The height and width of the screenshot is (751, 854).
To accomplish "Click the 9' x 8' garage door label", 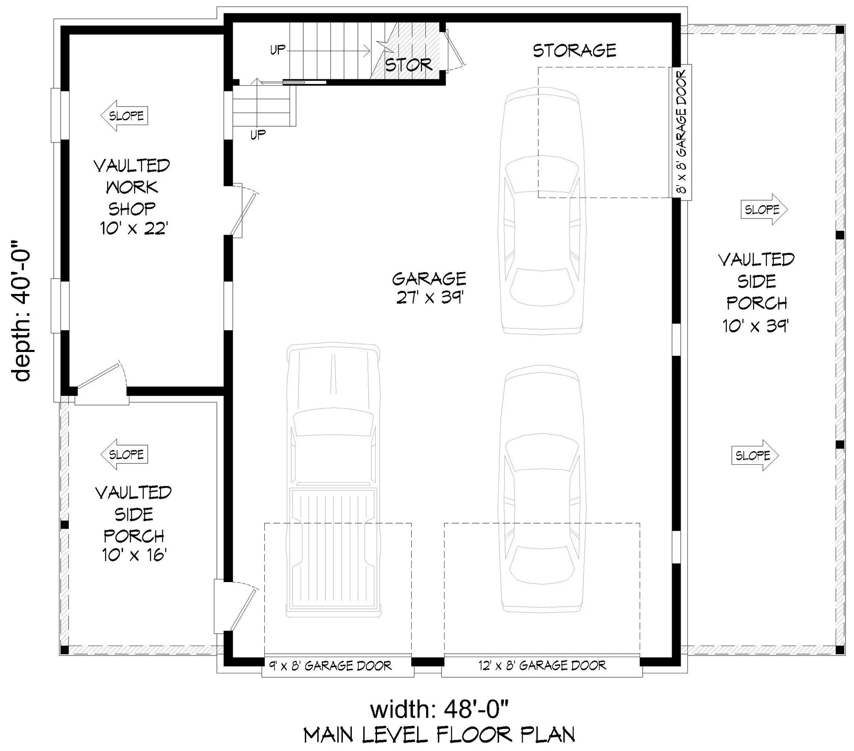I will [330, 666].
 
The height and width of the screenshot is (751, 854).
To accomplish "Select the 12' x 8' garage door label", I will [542, 665].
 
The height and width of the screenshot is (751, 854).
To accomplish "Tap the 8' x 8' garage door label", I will [682, 132].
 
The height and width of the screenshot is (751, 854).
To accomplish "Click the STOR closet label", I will [408, 65].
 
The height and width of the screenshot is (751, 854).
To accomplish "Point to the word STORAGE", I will [574, 51].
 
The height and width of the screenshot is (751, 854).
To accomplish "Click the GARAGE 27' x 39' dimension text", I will [430, 297].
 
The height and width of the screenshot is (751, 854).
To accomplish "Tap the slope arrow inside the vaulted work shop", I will [124, 116].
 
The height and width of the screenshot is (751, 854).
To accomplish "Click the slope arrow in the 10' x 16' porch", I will [124, 454].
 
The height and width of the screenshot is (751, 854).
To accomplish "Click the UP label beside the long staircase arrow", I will [278, 50].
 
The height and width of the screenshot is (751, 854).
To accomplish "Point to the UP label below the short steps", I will [258, 135].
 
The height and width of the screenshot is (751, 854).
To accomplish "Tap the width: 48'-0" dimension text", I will [439, 710].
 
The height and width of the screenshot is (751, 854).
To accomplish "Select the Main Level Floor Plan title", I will [439, 735].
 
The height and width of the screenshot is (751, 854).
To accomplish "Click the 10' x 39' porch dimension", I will [755, 326].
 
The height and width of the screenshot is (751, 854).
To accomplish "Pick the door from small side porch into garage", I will [239, 606].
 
